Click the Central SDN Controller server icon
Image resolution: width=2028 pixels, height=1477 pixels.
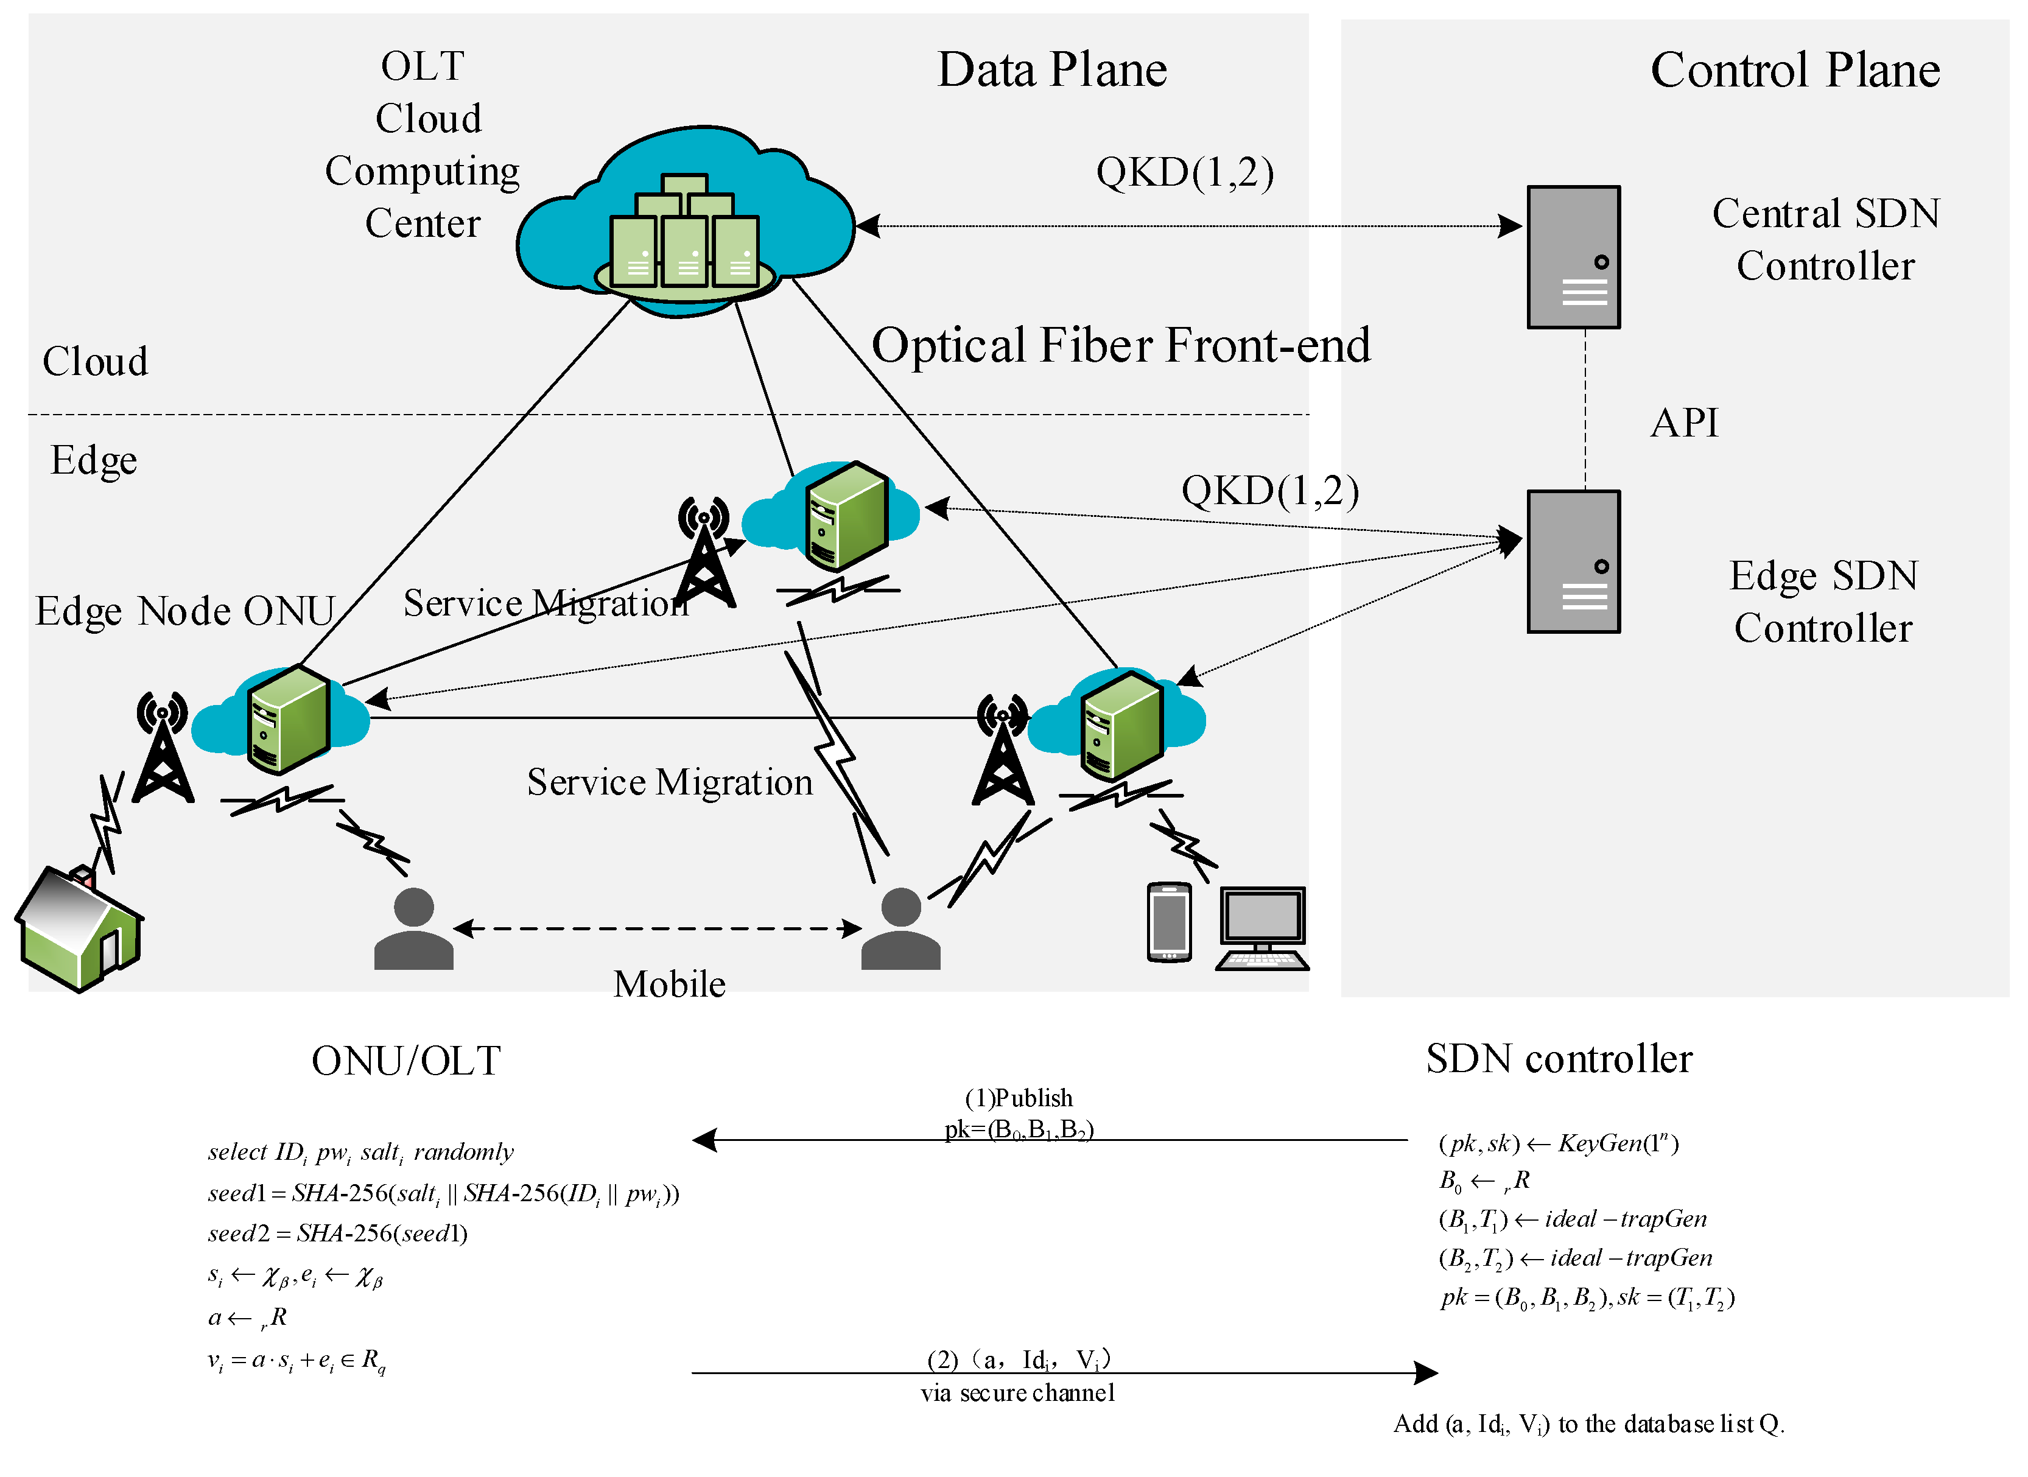1574,258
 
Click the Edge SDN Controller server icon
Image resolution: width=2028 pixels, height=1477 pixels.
1574,561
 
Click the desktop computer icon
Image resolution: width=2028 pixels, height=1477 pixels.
1263,928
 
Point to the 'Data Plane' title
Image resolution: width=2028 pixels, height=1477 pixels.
1053,70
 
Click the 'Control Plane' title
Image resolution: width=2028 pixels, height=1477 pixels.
1795,70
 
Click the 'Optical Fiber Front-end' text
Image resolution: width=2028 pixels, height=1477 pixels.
1121,345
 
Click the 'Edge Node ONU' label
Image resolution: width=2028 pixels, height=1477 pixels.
185,611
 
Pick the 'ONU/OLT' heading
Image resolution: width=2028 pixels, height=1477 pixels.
406,1061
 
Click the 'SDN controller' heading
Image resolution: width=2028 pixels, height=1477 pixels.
1559,1059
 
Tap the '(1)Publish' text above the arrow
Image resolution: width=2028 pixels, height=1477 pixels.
1019,1098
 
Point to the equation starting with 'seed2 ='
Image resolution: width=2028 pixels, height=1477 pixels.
338,1234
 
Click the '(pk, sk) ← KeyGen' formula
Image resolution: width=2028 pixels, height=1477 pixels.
1559,1143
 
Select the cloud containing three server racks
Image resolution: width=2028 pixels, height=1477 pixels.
685,222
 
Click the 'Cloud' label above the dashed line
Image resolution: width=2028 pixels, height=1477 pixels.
96,361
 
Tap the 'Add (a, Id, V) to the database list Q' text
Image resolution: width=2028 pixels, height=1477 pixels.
1589,1424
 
